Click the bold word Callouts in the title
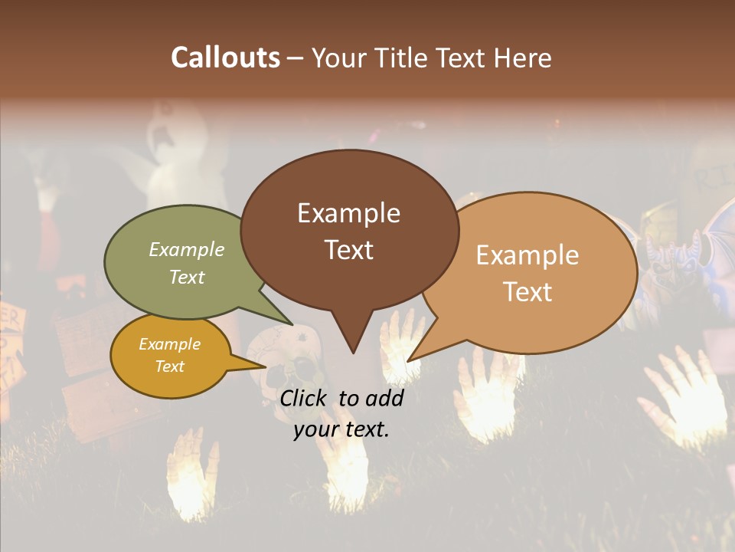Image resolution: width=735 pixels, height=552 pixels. pos(225,58)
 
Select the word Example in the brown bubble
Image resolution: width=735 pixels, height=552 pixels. pos(348,213)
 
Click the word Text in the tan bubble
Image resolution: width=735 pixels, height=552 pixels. pos(528,292)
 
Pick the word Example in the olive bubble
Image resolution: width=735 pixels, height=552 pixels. pos(187,249)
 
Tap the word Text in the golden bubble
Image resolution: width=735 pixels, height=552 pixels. pos(170,366)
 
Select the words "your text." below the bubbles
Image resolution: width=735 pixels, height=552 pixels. pos(341,429)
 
